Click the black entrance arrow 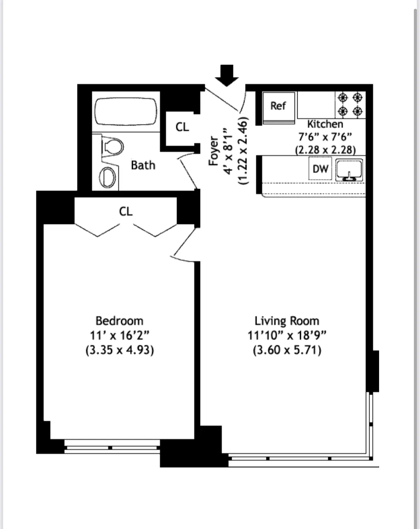tap(227, 75)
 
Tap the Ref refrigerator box tap(279, 106)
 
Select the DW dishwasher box tap(320, 169)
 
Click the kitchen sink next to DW tap(349, 170)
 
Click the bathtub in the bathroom tap(126, 111)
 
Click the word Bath tap(143, 165)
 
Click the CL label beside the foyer tap(182, 127)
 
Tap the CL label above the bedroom tap(126, 211)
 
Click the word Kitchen tap(325, 124)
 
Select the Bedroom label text tap(119, 321)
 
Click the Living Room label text tap(287, 321)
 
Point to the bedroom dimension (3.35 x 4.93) tap(119, 350)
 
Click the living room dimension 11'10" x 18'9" tap(287, 335)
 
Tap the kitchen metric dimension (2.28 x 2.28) tap(325, 150)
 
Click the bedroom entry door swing tap(184, 245)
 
